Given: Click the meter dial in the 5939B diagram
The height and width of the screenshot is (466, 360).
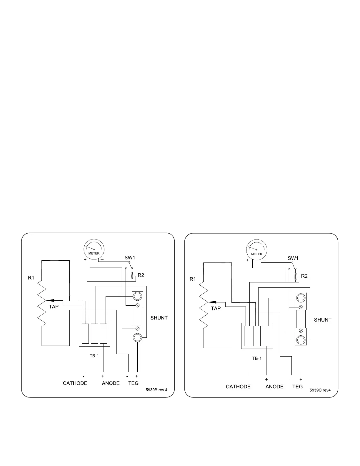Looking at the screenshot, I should [94, 249].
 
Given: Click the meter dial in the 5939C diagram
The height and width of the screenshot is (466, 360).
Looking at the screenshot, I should [256, 250].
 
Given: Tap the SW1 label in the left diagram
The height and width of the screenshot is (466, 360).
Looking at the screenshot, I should [130, 257].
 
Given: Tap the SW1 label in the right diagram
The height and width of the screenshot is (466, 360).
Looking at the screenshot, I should [293, 258].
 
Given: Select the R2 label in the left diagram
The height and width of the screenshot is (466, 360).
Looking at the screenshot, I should [141, 275].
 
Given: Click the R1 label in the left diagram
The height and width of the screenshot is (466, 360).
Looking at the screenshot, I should [31, 277].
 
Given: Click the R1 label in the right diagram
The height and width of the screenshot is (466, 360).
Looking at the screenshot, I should [193, 279].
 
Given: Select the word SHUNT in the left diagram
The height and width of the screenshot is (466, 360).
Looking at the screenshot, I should [159, 318].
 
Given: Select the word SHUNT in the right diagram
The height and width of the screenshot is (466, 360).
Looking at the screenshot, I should [323, 320].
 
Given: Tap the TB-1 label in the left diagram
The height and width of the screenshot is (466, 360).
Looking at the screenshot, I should [94, 356].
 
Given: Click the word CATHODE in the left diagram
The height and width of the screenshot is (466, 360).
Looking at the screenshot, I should [75, 383].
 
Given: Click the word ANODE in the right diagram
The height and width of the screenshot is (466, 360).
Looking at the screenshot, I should [274, 387].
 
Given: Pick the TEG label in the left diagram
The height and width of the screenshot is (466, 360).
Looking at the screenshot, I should [133, 383].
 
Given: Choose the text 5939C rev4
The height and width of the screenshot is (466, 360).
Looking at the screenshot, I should [320, 390].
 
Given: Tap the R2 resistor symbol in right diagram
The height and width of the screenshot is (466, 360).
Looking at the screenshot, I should [296, 275].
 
